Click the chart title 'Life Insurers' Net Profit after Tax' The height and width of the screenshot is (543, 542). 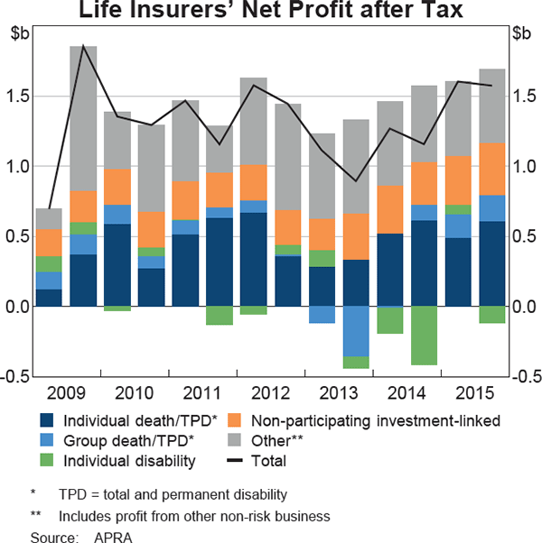[271, 12]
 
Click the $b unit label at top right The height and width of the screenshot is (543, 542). [520, 34]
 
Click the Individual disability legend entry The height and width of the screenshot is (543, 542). [129, 461]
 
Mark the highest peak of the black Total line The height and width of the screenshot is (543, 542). [83, 45]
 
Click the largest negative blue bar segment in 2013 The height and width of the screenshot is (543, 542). [355, 331]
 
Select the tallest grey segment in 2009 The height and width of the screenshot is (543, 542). [83, 118]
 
